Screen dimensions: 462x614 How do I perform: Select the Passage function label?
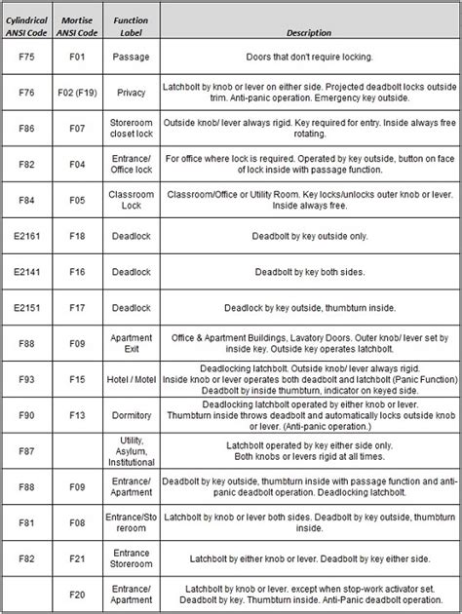(131, 57)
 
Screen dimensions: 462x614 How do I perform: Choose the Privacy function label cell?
(131, 93)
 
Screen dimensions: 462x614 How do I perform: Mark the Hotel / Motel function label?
(131, 379)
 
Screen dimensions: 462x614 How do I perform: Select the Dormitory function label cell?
(131, 414)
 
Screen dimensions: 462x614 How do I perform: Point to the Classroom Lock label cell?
(131, 200)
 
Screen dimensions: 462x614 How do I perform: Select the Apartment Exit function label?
(131, 343)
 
